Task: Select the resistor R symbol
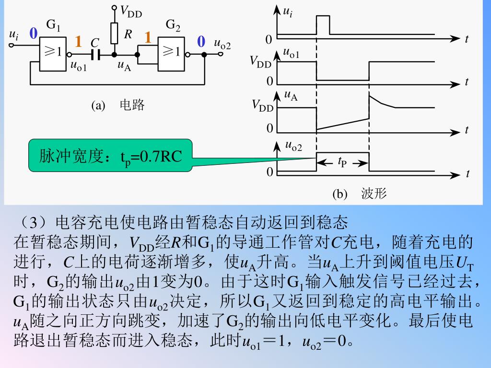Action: (114, 33)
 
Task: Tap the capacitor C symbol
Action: (95, 55)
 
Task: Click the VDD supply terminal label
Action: (131, 11)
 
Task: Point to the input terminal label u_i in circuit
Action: (14, 34)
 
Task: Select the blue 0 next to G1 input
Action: (34, 34)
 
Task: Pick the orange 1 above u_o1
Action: (78, 42)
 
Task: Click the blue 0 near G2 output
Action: (201, 42)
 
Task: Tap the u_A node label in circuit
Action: (124, 65)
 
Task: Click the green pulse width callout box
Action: (110, 156)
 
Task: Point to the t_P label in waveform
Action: (342, 162)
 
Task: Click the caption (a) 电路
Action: (118, 105)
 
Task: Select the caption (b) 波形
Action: (360, 194)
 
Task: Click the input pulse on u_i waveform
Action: (323, 25)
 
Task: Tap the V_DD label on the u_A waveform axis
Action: (262, 105)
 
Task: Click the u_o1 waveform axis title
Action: (291, 54)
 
